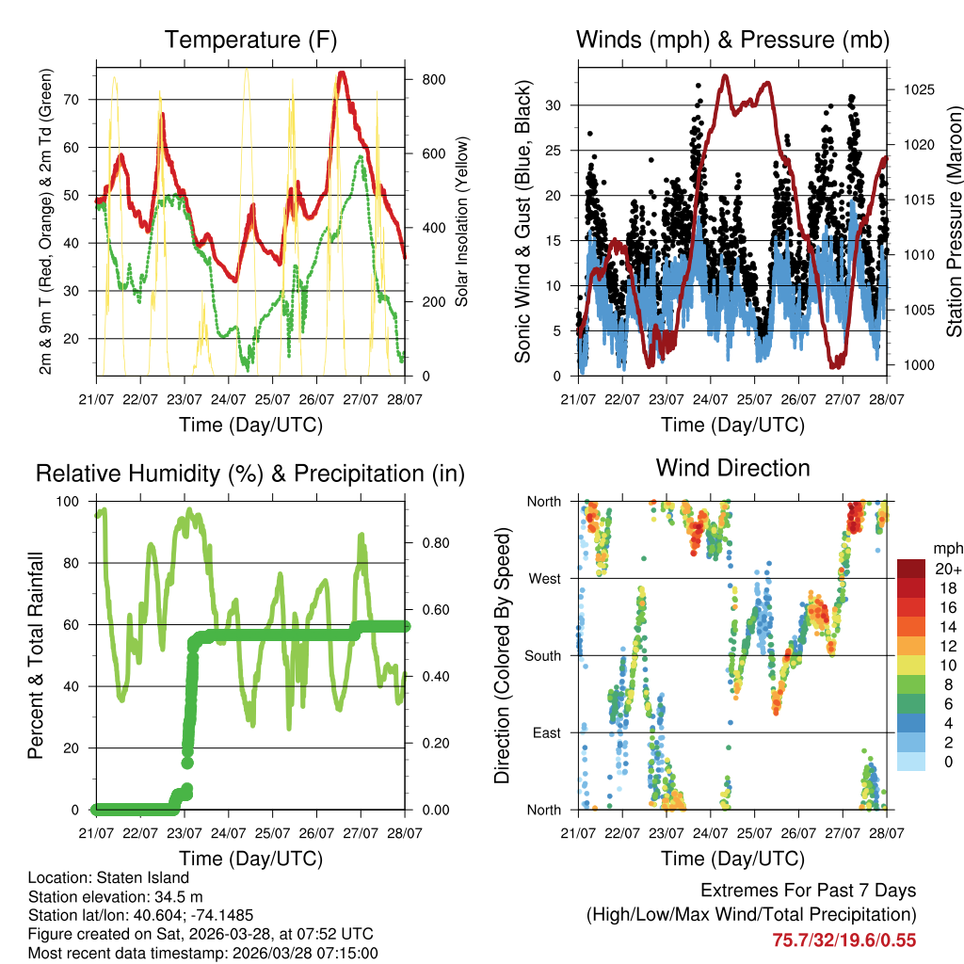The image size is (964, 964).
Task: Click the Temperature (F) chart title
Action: (250, 40)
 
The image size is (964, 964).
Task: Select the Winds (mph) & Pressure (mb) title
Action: (732, 40)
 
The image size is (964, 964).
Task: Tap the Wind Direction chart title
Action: (732, 467)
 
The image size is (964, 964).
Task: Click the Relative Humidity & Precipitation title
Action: (250, 474)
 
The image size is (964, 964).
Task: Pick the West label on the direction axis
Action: (544, 578)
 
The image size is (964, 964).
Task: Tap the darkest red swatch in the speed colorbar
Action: (911, 569)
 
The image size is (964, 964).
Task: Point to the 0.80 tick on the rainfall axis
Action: (428, 543)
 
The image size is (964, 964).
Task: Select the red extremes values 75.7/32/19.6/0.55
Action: (843, 940)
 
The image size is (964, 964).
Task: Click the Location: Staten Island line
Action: (108, 878)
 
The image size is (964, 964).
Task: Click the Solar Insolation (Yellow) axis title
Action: (461, 222)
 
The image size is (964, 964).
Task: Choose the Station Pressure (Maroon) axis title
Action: (954, 220)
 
